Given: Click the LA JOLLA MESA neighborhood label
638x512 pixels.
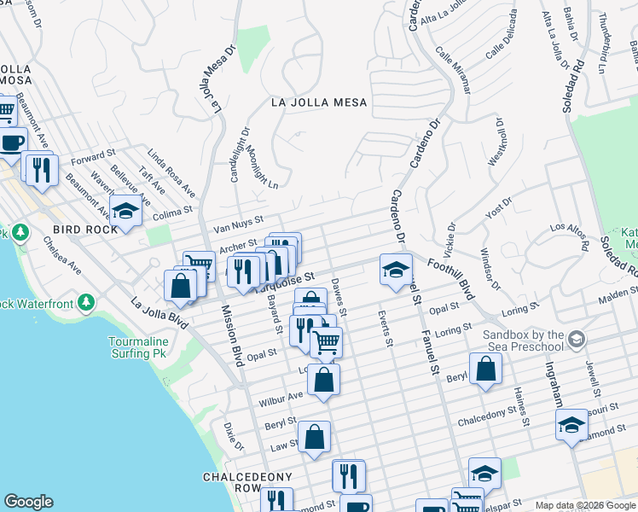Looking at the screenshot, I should (x=318, y=102).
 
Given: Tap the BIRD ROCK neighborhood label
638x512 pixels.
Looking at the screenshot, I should (x=85, y=230).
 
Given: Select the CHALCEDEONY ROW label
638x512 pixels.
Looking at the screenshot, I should (x=246, y=482).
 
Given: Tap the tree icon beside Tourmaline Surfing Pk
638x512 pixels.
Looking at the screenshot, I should (x=85, y=303).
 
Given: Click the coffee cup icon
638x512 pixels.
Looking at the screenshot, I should (x=12, y=142).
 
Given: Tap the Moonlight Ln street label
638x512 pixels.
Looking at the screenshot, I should (x=262, y=166).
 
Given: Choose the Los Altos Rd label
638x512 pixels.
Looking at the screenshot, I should (x=570, y=236).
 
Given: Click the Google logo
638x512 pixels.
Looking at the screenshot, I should (x=28, y=502).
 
